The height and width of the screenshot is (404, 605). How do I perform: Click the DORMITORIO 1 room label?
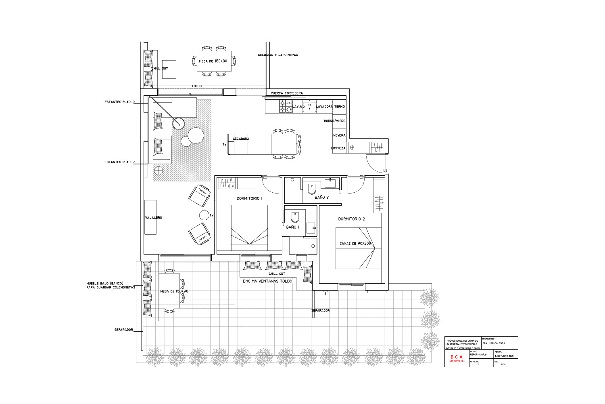click(249, 198)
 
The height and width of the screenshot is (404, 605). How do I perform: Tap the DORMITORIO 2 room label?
click(351, 219)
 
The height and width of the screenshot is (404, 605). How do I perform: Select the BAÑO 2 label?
click(321, 198)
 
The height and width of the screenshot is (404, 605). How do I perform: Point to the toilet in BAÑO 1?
click(295, 217)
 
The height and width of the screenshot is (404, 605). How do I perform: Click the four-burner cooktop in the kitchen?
click(286, 107)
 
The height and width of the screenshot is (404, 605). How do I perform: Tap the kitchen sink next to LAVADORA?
click(309, 107)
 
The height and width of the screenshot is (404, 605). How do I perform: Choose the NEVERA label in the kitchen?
click(339, 135)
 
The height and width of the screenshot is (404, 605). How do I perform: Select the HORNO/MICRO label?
click(335, 121)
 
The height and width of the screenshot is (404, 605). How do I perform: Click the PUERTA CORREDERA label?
click(286, 93)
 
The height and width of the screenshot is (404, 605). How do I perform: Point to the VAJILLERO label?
click(153, 218)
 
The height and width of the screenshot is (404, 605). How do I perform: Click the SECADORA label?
click(241, 139)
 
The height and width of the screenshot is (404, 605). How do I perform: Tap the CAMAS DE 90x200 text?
click(355, 244)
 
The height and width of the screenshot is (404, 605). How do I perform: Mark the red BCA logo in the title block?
click(457, 357)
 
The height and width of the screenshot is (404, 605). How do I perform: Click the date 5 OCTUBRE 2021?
click(504, 356)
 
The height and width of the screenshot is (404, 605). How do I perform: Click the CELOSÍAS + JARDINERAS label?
click(278, 55)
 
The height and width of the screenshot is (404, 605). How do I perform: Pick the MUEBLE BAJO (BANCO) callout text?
click(105, 283)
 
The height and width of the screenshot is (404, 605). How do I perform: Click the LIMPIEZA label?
click(338, 148)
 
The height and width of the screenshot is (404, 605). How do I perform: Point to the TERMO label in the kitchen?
click(340, 107)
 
